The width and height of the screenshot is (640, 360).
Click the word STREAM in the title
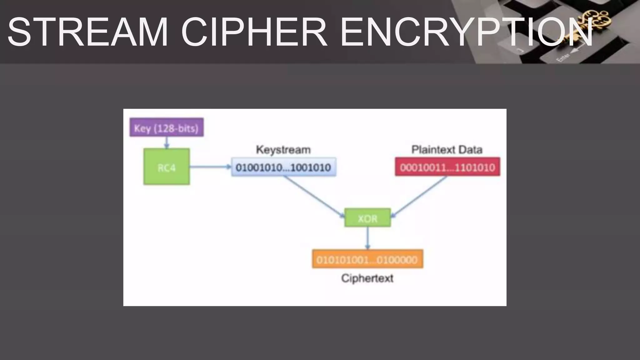click(x=87, y=32)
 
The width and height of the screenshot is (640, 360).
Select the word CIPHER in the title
click(x=254, y=32)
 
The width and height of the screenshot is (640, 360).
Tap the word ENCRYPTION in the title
click(x=466, y=32)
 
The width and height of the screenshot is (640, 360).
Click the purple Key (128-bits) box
click(x=167, y=127)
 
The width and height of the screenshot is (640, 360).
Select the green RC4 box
click(x=167, y=167)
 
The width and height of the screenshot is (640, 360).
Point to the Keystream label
click(x=283, y=150)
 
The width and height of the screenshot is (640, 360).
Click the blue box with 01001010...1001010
click(x=283, y=167)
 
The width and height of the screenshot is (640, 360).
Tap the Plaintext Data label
click(x=447, y=150)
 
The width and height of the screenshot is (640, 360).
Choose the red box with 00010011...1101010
click(x=447, y=167)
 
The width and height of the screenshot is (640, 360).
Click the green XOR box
click(x=367, y=218)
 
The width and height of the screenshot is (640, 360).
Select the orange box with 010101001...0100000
click(x=367, y=259)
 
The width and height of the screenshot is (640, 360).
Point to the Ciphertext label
click(x=367, y=278)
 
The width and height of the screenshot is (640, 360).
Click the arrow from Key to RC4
click(x=167, y=142)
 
